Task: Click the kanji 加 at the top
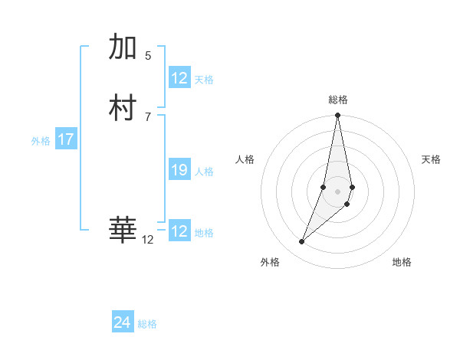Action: (x=123, y=48)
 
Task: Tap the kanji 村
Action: (x=123, y=107)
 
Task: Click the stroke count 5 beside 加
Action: (x=148, y=55)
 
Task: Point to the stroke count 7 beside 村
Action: (x=148, y=116)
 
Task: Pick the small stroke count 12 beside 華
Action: (x=148, y=240)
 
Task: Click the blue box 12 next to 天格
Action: (x=179, y=78)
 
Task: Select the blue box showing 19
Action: (x=179, y=170)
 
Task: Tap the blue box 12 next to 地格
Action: (x=179, y=231)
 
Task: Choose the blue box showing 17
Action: (x=66, y=139)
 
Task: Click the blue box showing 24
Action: (x=123, y=322)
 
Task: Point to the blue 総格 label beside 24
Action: (x=147, y=324)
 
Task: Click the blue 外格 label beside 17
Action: (x=41, y=141)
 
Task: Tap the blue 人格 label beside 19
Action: (x=204, y=172)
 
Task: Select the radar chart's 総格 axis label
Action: (x=338, y=100)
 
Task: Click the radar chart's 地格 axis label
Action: (x=402, y=262)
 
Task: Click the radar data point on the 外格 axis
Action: (x=302, y=242)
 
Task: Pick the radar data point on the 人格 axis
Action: (x=324, y=187)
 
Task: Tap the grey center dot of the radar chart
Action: (x=338, y=191)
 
